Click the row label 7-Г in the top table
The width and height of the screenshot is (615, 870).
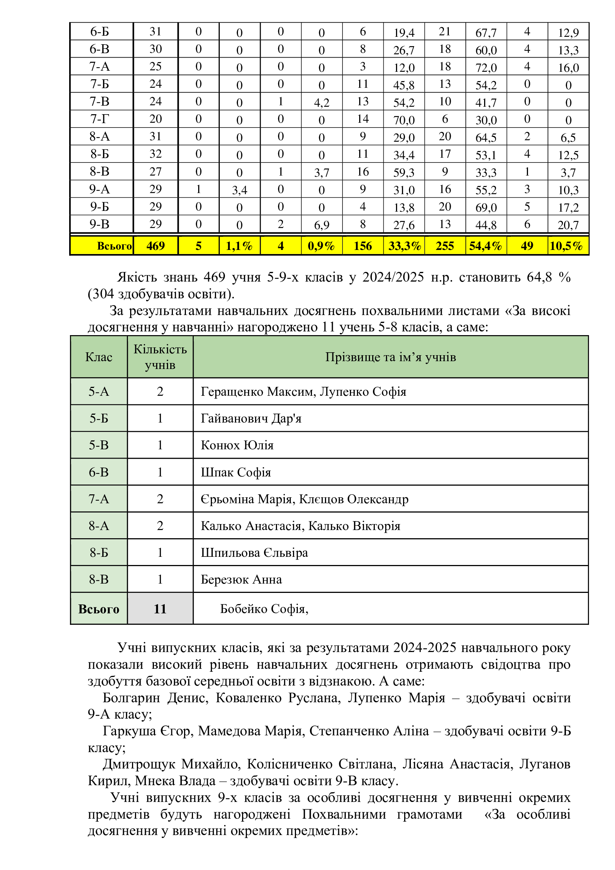[99, 119]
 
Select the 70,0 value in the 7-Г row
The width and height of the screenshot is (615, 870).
[404, 120]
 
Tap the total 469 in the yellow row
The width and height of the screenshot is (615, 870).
[155, 246]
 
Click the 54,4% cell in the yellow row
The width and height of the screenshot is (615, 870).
[486, 246]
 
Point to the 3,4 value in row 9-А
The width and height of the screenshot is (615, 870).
[239, 190]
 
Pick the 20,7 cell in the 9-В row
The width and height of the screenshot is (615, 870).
[568, 225]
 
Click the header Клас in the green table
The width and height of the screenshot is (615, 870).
[99, 357]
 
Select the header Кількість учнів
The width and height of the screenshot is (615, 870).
[160, 357]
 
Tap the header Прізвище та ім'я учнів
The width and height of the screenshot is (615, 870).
[390, 357]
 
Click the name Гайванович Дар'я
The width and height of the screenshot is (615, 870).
[251, 418]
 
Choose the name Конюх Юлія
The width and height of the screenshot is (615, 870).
[237, 445]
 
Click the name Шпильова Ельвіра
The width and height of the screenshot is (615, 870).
[254, 552]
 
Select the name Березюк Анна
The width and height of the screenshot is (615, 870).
[241, 580]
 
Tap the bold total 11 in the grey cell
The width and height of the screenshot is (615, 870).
[160, 609]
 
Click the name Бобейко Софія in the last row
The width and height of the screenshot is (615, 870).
[264, 609]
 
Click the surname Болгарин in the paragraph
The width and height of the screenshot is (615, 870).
[131, 697]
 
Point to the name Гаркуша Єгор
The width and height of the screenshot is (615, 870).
[148, 731]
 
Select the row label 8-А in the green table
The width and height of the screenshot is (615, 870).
[99, 526]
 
